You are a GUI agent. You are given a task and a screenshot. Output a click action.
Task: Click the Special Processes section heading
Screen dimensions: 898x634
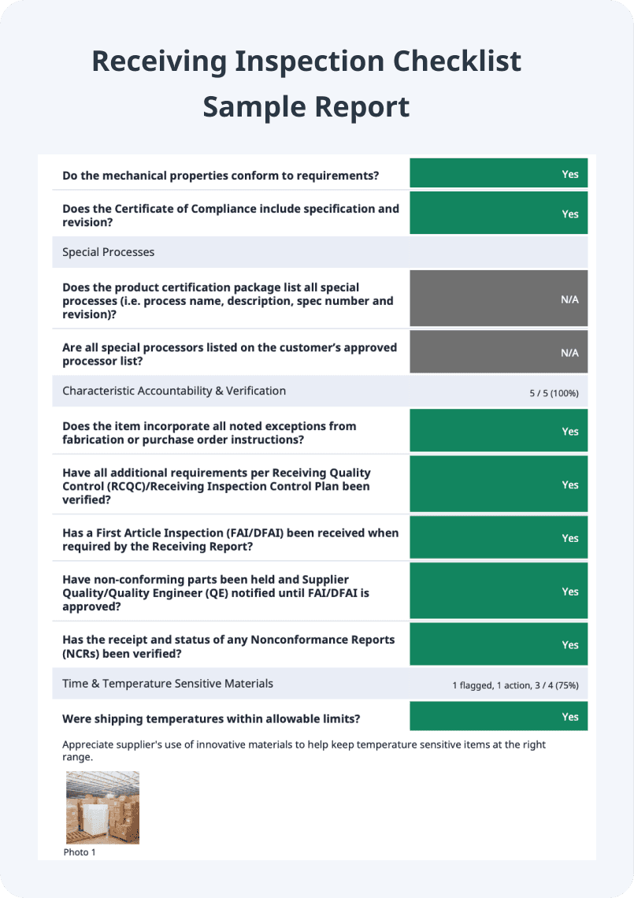coord(109,252)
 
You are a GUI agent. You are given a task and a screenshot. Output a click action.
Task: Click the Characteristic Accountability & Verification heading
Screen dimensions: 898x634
coord(174,391)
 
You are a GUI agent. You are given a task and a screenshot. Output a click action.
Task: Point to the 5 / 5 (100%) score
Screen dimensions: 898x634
coord(554,392)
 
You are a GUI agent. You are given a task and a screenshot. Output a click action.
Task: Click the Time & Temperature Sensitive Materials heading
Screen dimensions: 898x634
coord(168,684)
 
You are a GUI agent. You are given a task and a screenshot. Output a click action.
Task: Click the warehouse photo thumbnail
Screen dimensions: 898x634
coord(102,807)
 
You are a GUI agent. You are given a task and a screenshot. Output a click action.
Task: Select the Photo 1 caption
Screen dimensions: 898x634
coord(79,852)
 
